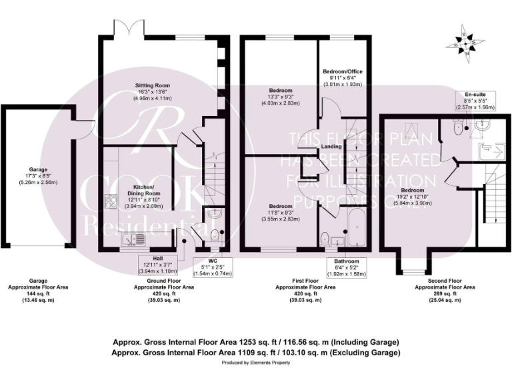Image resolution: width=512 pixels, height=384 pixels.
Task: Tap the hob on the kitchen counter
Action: click(x=110, y=200)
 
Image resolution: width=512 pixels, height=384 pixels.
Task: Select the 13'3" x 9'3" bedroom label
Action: click(x=278, y=97)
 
